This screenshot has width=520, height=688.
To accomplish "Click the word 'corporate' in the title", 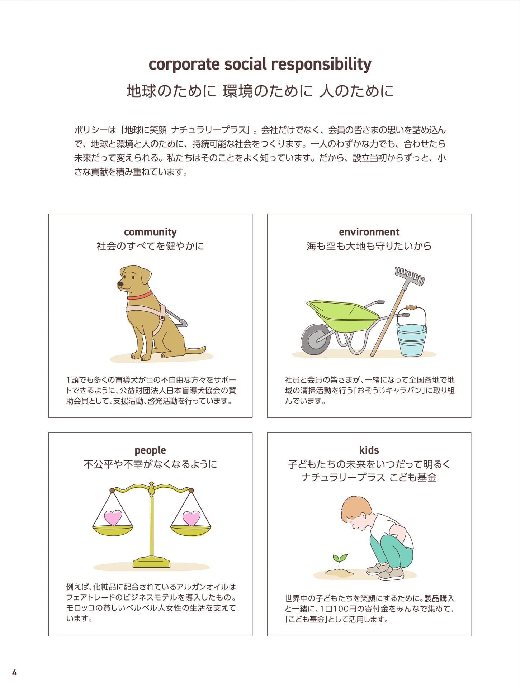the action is coord(184,65).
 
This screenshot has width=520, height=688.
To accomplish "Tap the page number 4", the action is coord(14,673).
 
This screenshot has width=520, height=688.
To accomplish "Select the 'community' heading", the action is coord(150,232).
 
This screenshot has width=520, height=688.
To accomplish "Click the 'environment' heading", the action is coord(369,232).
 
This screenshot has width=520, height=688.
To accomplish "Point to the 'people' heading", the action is coord(150,450).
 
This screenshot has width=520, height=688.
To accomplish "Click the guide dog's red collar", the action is coord(140,296).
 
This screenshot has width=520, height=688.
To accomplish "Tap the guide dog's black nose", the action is coord(120,284).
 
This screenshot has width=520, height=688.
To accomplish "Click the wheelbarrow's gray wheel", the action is coord(315,339).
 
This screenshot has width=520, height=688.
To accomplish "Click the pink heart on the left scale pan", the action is coord(113,518).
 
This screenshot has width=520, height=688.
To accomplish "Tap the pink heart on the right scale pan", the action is coord(191,518).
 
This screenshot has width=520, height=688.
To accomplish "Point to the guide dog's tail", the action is coord(195,350).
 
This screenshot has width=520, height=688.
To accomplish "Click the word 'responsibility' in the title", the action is coord(321,65).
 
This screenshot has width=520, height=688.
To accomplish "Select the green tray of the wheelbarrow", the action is coord(342,312).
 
